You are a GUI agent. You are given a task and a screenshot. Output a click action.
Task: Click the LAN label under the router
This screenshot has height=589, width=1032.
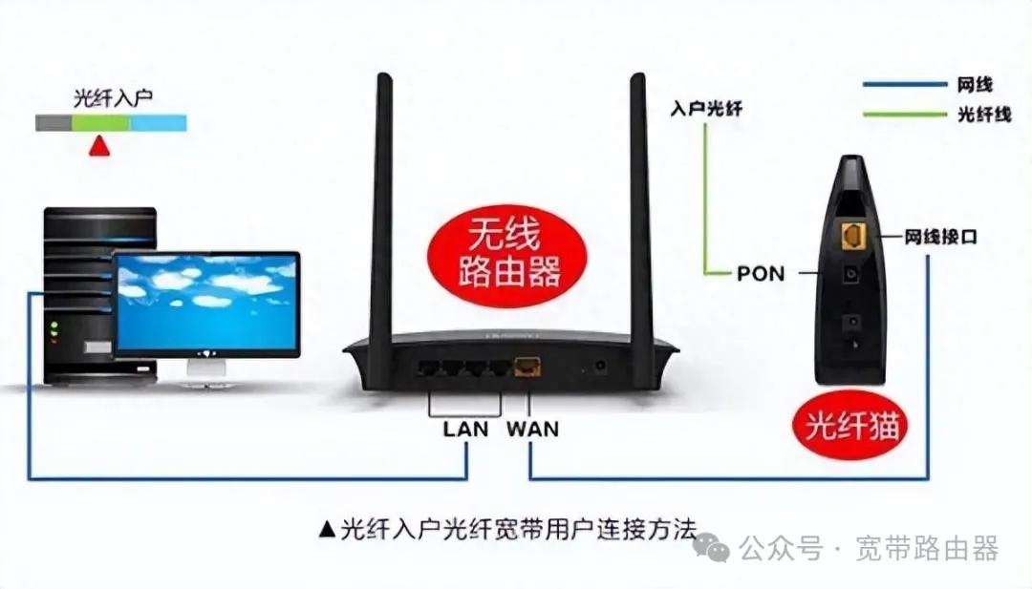coord(465,430)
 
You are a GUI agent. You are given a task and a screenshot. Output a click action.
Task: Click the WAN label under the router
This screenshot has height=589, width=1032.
coord(532,430)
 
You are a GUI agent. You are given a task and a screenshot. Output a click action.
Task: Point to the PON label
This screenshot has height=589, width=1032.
coord(761,274)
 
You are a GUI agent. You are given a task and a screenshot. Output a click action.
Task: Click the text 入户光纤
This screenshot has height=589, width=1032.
coord(706,109)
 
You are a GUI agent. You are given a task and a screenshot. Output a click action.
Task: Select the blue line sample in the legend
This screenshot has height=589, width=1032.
coord(903,84)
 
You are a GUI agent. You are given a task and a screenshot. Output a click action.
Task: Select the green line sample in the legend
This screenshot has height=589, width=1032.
coord(903,115)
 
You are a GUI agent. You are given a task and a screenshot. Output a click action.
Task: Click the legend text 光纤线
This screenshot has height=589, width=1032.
coord(983,115)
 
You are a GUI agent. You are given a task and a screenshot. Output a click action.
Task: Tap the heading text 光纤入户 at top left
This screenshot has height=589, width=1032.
coord(114,98)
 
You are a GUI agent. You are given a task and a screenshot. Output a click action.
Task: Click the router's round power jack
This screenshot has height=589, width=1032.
coord(601,366)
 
